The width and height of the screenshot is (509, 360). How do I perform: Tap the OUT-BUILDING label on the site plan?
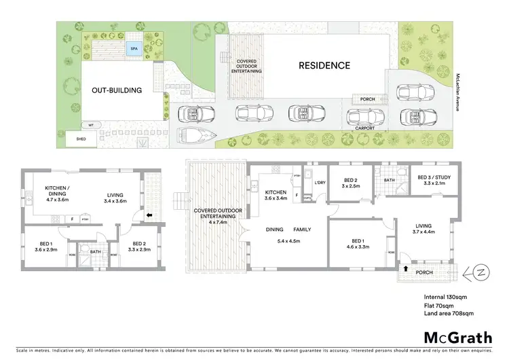117,90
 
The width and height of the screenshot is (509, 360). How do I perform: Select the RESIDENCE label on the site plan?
324,66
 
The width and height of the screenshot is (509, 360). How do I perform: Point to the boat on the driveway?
195,135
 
